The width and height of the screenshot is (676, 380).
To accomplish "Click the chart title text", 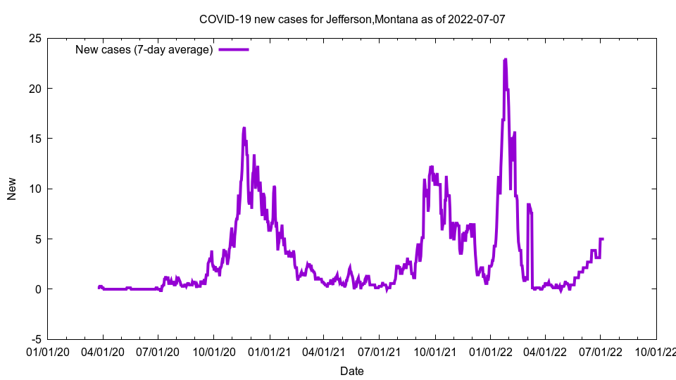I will coord(352,19).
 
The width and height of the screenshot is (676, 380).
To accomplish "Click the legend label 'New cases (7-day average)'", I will coord(144,49).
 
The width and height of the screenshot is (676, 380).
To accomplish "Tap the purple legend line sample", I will coord(234,49).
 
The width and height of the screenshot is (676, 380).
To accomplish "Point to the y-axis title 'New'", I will coord(12,189).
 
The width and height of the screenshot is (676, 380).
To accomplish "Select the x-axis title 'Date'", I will coord(352,371).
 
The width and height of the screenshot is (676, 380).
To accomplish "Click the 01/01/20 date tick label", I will coord(48,350).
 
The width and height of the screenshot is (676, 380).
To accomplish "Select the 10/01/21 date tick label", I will coord(435,350).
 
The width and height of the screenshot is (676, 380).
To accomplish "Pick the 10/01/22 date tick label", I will coord(656,350).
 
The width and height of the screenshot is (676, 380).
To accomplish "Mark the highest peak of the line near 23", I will coord(505,60).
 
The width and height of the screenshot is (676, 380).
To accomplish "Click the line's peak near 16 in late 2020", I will coord(244,128).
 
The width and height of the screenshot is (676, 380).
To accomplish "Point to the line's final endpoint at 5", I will coord(603,239).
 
